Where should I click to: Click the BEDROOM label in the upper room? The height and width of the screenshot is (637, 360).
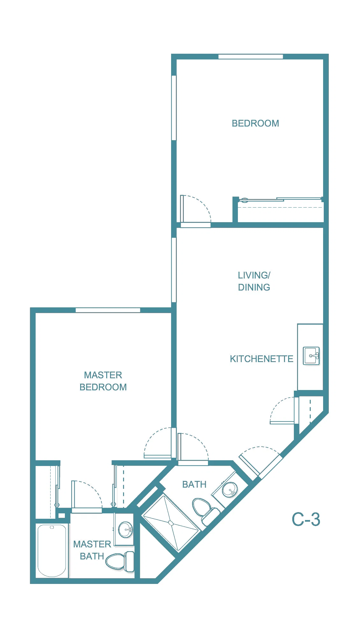point(255,123)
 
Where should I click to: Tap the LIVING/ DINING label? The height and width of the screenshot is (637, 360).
point(254,281)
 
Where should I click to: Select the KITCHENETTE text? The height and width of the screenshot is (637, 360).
point(261,359)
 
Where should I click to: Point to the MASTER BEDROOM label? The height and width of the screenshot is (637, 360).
point(103,381)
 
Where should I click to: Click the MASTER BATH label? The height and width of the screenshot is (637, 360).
point(92,550)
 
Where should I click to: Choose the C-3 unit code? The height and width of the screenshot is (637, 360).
point(306,519)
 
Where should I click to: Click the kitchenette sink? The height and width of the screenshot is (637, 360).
point(311,356)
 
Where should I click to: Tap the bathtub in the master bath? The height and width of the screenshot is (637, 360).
point(52,550)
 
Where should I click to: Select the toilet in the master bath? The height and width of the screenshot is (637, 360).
point(120,561)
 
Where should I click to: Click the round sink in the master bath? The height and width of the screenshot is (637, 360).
point(125,529)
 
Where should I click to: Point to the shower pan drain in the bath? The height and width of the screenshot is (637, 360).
point(171,523)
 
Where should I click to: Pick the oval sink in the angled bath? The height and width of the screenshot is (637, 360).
point(230,489)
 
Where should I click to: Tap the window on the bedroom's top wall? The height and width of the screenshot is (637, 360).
point(251,57)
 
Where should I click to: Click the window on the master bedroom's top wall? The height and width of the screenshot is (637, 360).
point(108,310)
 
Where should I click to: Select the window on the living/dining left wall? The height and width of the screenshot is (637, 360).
point(174,270)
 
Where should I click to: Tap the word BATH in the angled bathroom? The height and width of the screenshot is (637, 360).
point(194,484)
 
